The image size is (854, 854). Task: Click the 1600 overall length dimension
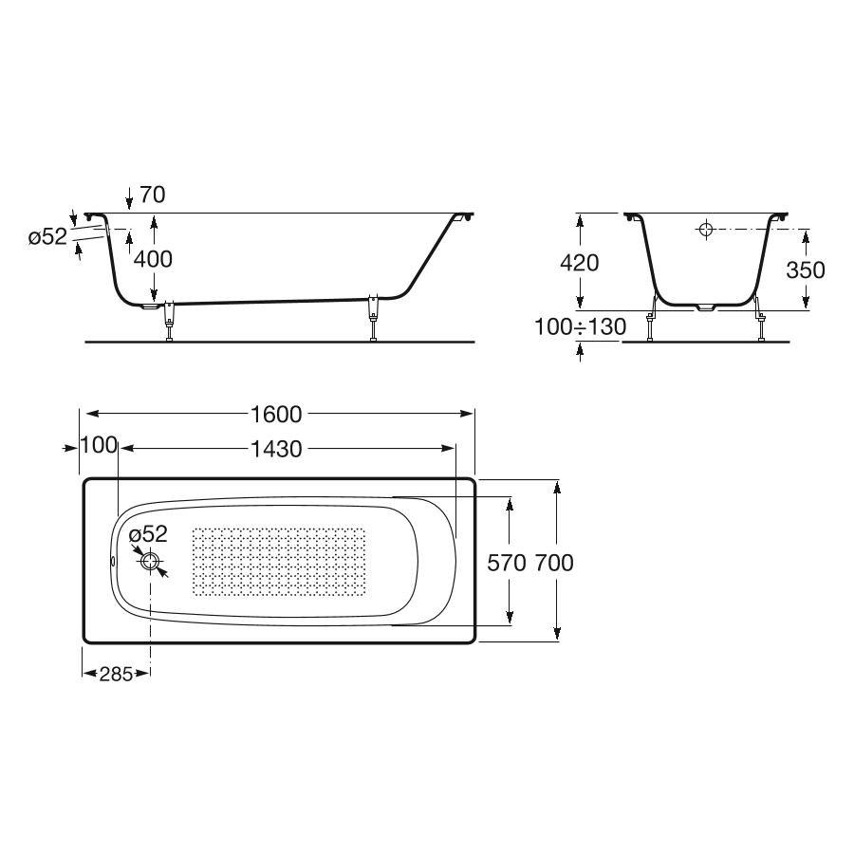276,415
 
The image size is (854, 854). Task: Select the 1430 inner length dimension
276,450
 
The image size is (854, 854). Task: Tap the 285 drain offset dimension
116,675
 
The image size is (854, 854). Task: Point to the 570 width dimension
507,563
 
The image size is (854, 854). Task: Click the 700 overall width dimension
554,563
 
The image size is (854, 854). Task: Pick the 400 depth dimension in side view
153,259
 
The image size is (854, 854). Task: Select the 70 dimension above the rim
153,195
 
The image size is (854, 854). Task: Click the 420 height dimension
580,263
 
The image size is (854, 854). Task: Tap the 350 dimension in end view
806,270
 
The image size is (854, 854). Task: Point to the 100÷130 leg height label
580,326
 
